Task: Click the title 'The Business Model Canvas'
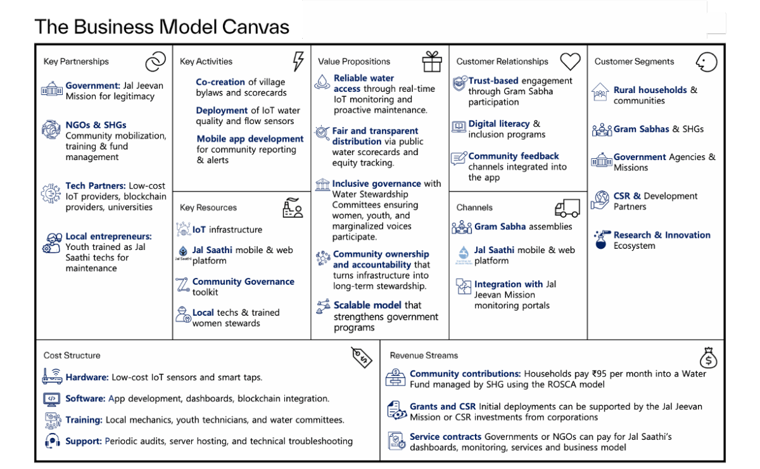click(161, 27)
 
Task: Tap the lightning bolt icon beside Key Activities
click(298, 61)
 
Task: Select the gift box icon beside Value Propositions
click(432, 61)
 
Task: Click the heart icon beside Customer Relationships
click(570, 61)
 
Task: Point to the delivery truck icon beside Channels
click(567, 208)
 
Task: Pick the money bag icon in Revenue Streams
click(709, 358)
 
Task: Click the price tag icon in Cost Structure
click(362, 357)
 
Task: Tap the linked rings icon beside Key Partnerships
click(155, 61)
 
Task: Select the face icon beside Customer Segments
click(706, 61)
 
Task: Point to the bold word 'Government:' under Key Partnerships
click(92, 85)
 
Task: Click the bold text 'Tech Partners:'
click(96, 186)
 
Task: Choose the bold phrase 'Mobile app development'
click(250, 139)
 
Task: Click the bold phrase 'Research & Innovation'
click(662, 235)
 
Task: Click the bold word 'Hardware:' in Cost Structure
click(87, 377)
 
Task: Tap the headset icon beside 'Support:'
click(53, 442)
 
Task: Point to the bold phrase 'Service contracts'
click(445, 437)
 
